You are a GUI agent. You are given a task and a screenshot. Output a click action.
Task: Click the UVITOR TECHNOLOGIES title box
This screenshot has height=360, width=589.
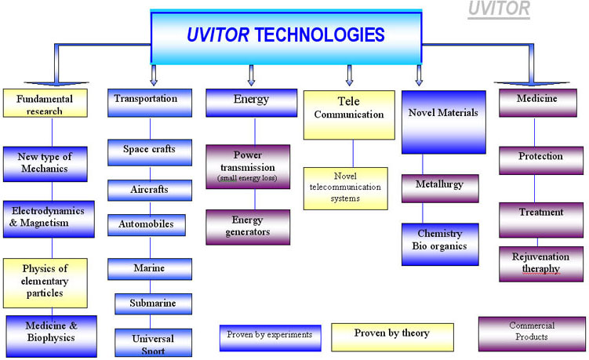click(x=285, y=36)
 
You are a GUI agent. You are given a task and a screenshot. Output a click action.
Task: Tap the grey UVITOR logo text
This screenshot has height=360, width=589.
click(x=499, y=9)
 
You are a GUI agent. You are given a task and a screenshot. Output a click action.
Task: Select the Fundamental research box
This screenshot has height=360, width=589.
click(x=44, y=105)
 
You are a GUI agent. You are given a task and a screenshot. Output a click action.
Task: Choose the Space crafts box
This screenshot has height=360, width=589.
click(x=150, y=150)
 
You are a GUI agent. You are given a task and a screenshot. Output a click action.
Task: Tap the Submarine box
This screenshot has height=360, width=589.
click(x=152, y=304)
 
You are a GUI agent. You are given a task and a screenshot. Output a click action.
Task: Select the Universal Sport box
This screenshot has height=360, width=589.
click(x=152, y=343)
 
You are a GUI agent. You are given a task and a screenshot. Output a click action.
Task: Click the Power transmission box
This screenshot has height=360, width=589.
click(x=248, y=166)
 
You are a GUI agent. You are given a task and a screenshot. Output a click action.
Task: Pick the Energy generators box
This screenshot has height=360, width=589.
click(x=248, y=227)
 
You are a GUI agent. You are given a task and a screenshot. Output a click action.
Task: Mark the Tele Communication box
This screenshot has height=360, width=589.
click(x=349, y=114)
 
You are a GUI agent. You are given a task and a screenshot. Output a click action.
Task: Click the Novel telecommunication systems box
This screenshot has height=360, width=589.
click(x=345, y=188)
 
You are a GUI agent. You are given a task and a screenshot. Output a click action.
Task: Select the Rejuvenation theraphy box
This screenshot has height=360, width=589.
click(x=540, y=264)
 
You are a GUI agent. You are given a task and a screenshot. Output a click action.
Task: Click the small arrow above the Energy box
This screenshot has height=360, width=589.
click(x=251, y=75)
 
